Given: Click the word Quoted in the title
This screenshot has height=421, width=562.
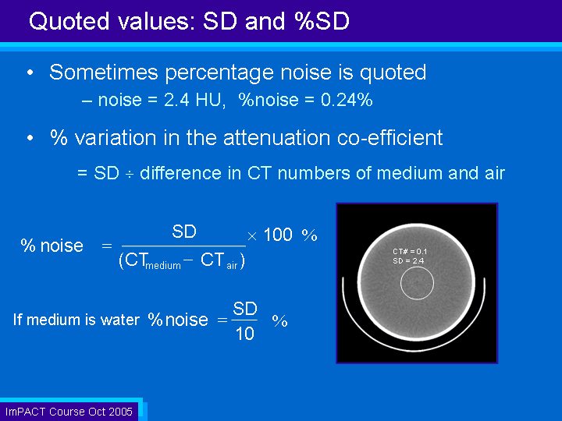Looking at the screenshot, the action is click(69, 21).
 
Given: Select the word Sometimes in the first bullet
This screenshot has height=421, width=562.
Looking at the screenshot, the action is click(104, 72).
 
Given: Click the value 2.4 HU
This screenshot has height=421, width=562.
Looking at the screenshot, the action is click(194, 100).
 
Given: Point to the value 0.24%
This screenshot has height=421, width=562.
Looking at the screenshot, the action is click(347, 100).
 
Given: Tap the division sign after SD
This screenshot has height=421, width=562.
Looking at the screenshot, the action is click(130, 174).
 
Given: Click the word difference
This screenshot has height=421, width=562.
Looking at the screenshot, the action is click(180, 173).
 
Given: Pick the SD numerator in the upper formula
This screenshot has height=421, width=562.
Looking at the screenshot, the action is click(184, 232).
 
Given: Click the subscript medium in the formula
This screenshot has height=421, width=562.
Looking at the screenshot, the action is click(163, 266).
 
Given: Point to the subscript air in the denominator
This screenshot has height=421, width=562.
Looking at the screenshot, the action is click(233, 266).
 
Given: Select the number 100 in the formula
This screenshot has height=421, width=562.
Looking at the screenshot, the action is click(278, 235).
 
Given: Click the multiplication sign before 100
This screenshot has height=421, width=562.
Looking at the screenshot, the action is click(252, 236).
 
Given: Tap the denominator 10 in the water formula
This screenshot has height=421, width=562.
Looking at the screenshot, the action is click(245, 334).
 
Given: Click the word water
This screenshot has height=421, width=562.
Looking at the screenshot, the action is click(120, 320).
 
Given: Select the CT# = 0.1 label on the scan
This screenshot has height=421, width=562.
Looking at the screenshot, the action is click(410, 251).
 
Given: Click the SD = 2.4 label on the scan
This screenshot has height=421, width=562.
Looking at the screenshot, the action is click(408, 261).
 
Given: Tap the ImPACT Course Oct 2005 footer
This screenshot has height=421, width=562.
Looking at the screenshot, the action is click(69, 412).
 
